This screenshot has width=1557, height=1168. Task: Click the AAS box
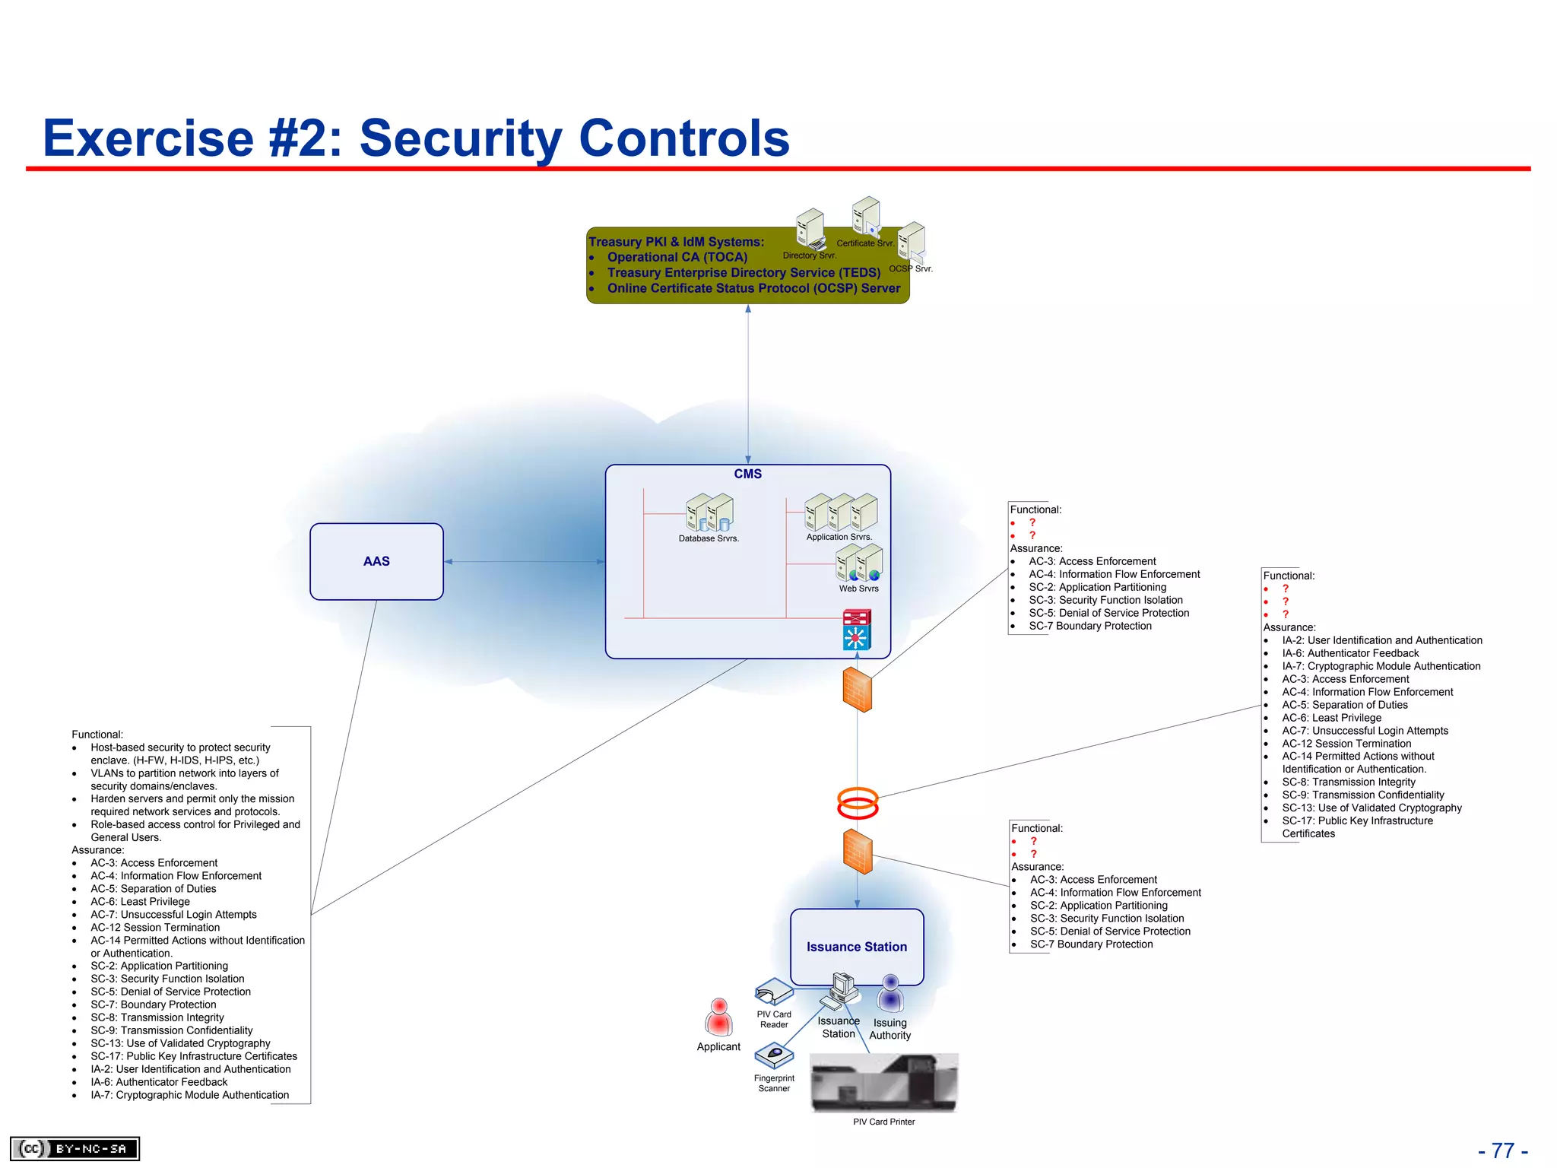point(376,561)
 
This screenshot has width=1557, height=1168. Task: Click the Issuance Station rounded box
point(857,946)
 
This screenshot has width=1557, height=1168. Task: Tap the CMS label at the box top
point(747,474)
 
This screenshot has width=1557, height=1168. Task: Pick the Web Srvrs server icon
point(859,563)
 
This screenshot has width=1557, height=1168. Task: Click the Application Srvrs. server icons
point(841,512)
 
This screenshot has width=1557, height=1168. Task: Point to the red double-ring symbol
point(858,803)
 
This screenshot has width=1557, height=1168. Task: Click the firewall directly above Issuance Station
point(858,852)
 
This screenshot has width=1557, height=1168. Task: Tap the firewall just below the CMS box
point(858,690)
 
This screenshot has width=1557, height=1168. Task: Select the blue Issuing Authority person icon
point(890,994)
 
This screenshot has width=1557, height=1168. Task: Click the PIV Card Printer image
point(884,1083)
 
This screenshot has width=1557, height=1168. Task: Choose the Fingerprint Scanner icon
point(774,1055)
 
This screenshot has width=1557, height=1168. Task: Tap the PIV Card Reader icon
point(774,992)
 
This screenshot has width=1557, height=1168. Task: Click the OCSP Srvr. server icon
point(911,242)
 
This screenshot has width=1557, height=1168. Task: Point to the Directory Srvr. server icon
point(810,228)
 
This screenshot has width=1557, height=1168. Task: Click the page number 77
point(1503,1151)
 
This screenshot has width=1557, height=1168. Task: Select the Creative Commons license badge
point(75,1148)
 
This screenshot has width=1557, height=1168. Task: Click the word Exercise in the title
point(148,138)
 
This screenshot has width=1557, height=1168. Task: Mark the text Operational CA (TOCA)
point(677,257)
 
